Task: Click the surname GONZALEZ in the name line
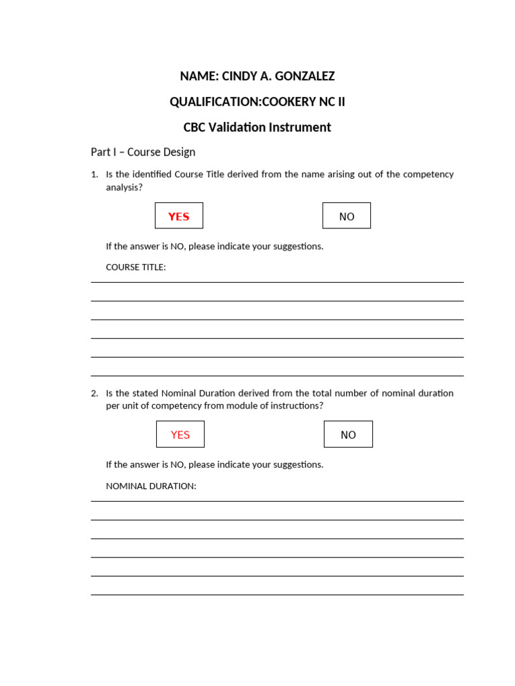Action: coord(305,76)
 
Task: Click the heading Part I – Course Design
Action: coord(143,152)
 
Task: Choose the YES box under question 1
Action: coord(179,216)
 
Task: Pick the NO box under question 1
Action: coord(347,216)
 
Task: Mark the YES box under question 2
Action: coord(180,434)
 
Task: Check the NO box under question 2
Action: coord(348,434)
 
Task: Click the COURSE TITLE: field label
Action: coord(135,267)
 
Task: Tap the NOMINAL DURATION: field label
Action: coord(151,486)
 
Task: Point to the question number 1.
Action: coord(94,174)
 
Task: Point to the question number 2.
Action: coord(94,393)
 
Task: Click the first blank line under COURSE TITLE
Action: coord(277,282)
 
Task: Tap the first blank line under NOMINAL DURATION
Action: coord(277,500)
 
